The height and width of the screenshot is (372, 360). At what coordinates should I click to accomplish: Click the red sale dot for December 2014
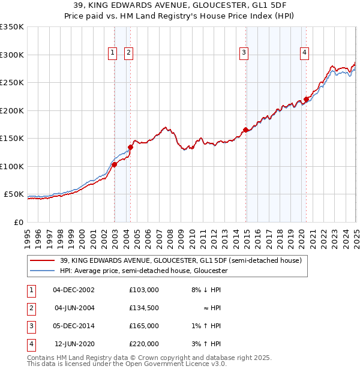click(245, 130)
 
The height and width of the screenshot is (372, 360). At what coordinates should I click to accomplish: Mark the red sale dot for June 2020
click(306, 99)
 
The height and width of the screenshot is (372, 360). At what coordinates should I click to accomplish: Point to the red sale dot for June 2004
click(130, 147)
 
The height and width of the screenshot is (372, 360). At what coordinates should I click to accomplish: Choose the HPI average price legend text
click(144, 271)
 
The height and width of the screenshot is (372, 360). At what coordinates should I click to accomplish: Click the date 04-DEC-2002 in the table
click(74, 290)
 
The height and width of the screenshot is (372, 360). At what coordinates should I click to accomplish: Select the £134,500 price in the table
click(144, 308)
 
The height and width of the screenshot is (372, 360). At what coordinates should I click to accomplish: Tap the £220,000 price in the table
click(144, 344)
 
